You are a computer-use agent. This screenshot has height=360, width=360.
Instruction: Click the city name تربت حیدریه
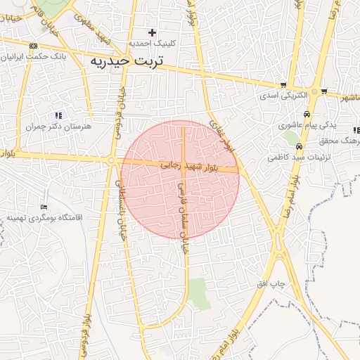(127, 61)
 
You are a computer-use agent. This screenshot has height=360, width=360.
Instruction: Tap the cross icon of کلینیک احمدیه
(152, 32)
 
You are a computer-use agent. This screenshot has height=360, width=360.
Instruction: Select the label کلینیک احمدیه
(152, 43)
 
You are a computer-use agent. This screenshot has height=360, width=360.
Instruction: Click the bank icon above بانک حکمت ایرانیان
(34, 45)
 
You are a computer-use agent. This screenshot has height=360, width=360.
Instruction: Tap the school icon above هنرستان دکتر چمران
(58, 115)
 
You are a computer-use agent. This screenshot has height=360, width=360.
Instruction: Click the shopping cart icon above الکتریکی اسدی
(283, 83)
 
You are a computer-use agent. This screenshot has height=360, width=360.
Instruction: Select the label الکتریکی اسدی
(283, 94)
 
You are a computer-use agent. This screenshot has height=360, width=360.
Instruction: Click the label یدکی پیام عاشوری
(314, 124)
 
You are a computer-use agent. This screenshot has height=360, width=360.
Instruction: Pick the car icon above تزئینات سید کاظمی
(300, 147)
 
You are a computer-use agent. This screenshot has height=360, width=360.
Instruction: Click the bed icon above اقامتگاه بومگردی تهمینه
(44, 207)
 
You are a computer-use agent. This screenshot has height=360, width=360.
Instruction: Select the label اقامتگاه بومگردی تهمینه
(44, 217)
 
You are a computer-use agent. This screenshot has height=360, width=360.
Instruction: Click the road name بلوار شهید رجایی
(191, 167)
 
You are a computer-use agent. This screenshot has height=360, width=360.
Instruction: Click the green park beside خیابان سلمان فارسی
(200, 293)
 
